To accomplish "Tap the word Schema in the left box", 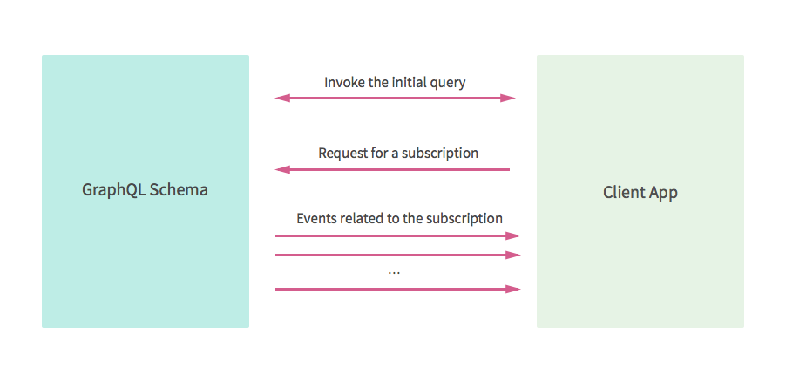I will [x=179, y=189].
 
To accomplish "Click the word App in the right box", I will [x=662, y=194].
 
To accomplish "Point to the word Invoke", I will [x=343, y=83].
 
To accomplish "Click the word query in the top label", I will [x=447, y=84].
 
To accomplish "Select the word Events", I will [x=316, y=218].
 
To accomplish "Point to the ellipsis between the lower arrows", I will [x=394, y=272].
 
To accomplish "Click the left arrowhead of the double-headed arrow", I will [x=281, y=98].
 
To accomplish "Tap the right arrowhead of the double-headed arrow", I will [x=511, y=98].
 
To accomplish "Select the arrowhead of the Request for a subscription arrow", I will [x=281, y=169].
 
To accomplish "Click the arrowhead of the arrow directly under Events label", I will [x=515, y=236].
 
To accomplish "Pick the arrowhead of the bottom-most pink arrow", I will [x=515, y=288].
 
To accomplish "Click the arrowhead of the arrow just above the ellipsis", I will [x=515, y=255].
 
